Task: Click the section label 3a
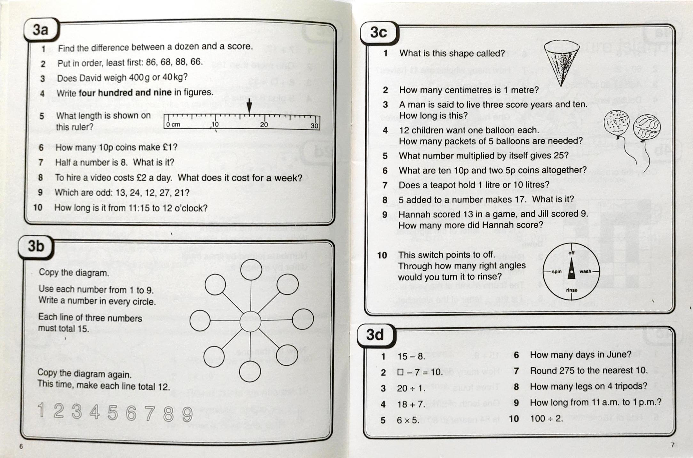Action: click(x=41, y=30)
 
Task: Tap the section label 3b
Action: click(x=36, y=246)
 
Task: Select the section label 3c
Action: click(x=379, y=33)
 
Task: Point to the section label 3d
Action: click(x=375, y=335)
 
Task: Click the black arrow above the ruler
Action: click(x=249, y=106)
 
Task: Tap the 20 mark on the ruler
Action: click(x=264, y=125)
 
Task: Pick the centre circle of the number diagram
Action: click(x=250, y=321)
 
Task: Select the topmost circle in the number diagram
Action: click(x=251, y=269)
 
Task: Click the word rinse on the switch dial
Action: click(x=571, y=290)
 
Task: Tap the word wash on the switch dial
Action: click(x=585, y=271)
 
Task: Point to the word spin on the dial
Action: click(x=557, y=271)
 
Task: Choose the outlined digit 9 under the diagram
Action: click(x=187, y=414)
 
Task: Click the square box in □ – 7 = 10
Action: click(x=400, y=372)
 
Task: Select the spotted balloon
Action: click(x=616, y=122)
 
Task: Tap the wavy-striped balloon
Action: click(x=647, y=127)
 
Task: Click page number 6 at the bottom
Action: click(x=21, y=446)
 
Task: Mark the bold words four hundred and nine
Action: click(x=125, y=93)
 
